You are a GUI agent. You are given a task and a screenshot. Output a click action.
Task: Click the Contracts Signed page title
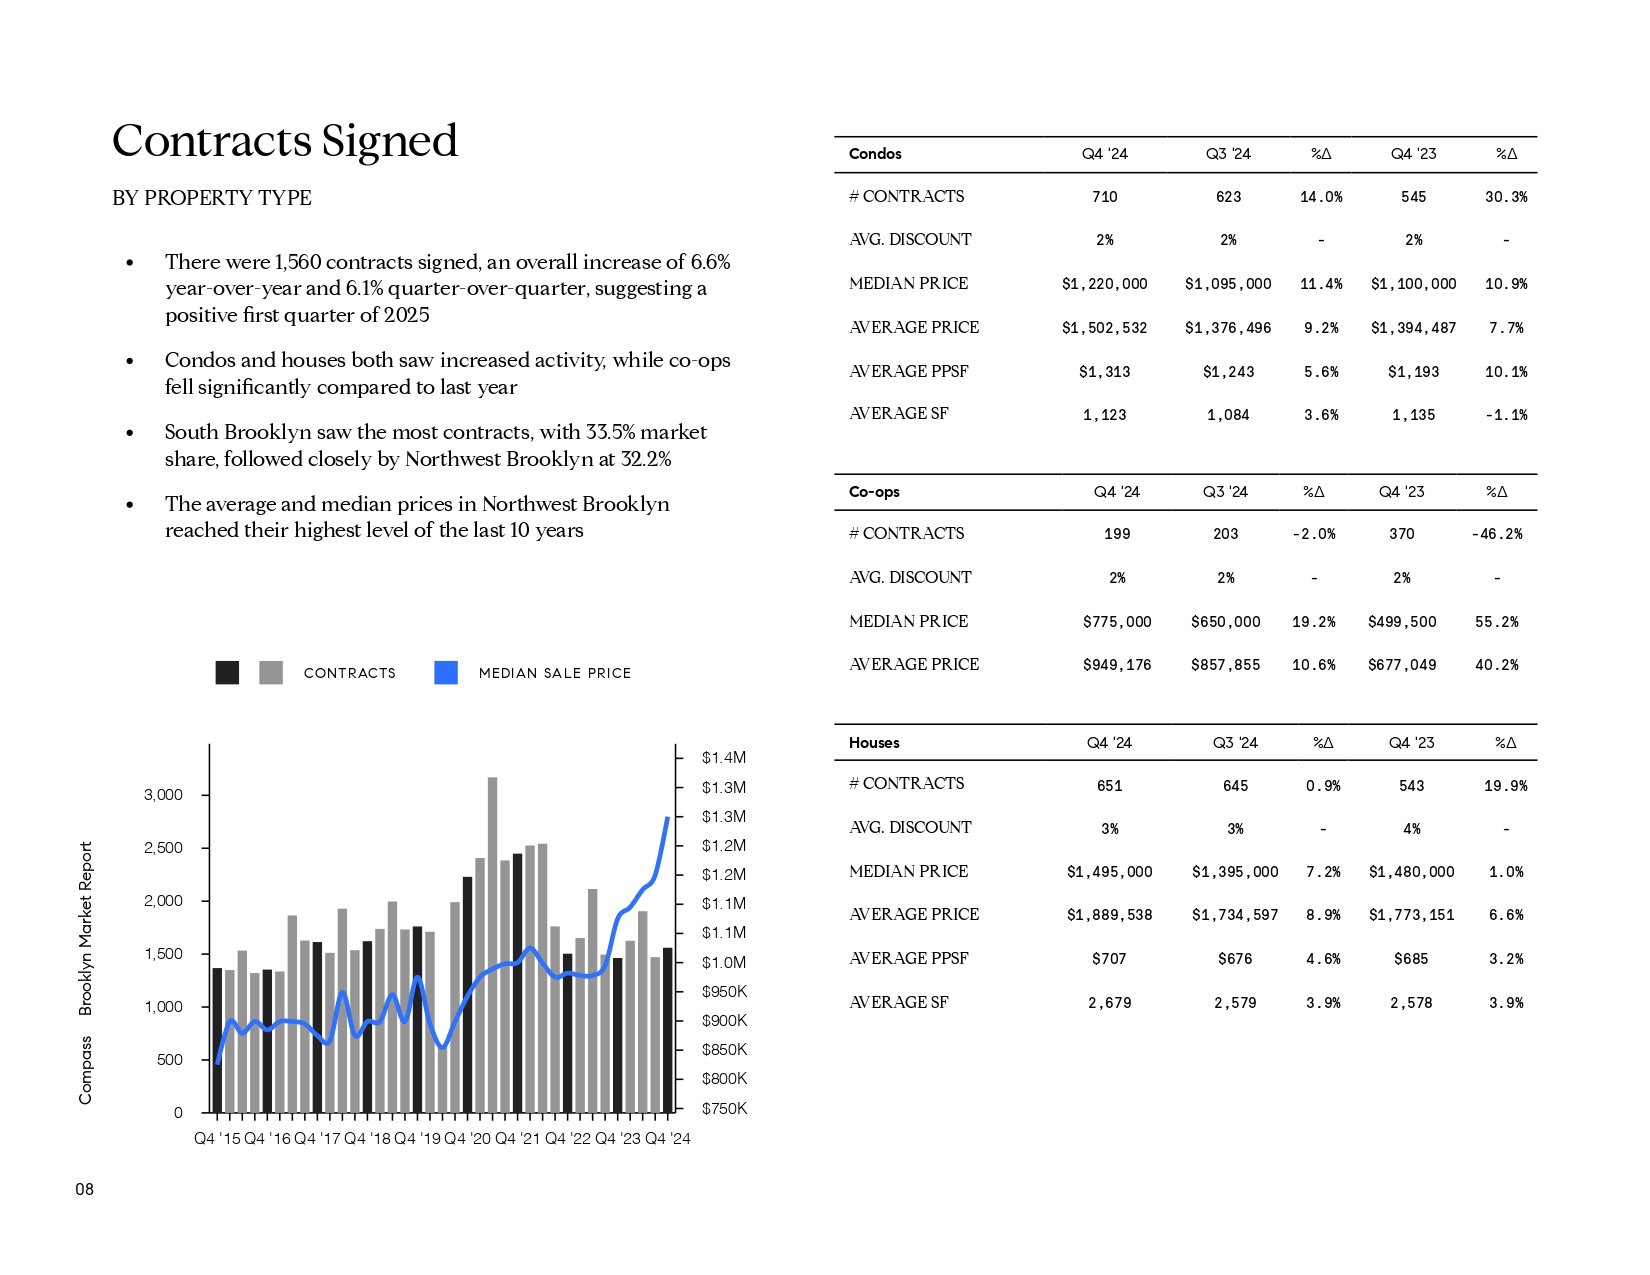[285, 140]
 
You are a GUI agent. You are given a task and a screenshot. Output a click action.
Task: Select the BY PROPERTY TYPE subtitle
[212, 197]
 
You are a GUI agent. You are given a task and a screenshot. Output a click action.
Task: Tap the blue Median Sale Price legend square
[446, 672]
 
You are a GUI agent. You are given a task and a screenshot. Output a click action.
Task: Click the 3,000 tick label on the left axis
[163, 794]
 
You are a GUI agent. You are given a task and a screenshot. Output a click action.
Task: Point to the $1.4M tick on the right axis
[724, 757]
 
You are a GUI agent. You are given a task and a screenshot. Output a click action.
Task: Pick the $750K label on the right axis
[724, 1108]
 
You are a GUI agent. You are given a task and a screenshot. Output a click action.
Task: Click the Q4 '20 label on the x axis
[467, 1138]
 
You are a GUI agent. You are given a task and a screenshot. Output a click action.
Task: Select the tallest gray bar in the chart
[492, 945]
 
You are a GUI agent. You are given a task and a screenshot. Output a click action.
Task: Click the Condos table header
[875, 153]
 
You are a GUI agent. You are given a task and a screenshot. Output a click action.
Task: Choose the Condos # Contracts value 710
[1104, 197]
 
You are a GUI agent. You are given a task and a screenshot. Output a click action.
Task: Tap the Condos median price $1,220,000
[1104, 284]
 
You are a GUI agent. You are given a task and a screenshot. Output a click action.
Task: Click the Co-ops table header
[874, 491]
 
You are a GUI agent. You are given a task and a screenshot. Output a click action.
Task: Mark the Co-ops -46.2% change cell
[1497, 534]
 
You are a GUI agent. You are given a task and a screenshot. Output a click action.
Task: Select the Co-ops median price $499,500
[1402, 622]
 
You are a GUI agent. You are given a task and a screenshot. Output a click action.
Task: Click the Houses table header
[874, 743]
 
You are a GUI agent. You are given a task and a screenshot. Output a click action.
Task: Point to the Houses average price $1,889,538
[1109, 915]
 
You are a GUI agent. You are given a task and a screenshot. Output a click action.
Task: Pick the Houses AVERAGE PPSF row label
[908, 958]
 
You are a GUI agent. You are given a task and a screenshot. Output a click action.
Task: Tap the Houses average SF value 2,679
[1109, 1003]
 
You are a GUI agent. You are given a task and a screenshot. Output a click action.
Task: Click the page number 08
[84, 1189]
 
